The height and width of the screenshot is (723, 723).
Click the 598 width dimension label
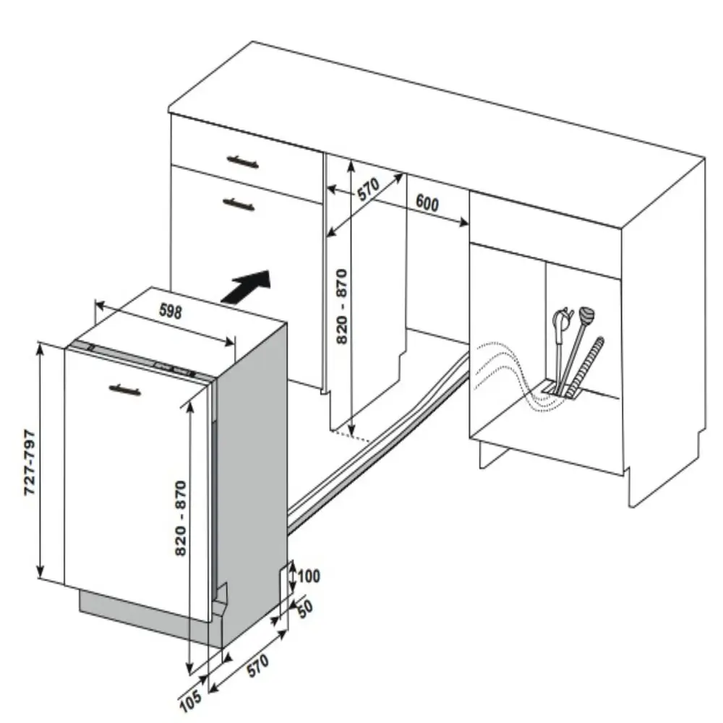[171, 311]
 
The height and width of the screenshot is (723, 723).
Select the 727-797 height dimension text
[30, 463]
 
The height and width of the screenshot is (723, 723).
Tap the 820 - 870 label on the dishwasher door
[181, 518]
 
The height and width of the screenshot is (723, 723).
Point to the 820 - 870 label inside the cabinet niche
[342, 306]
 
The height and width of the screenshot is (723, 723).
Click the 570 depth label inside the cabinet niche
[369, 189]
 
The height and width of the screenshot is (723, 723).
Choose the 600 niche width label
[427, 203]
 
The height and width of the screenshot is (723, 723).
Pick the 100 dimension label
[309, 576]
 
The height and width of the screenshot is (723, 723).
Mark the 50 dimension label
[305, 609]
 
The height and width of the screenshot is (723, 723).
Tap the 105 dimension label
[190, 701]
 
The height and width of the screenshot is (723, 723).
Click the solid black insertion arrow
[247, 286]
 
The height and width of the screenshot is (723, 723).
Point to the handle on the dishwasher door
[125, 390]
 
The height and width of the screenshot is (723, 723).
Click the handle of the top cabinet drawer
[242, 162]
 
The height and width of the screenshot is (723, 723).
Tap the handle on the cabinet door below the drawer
[239, 203]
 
